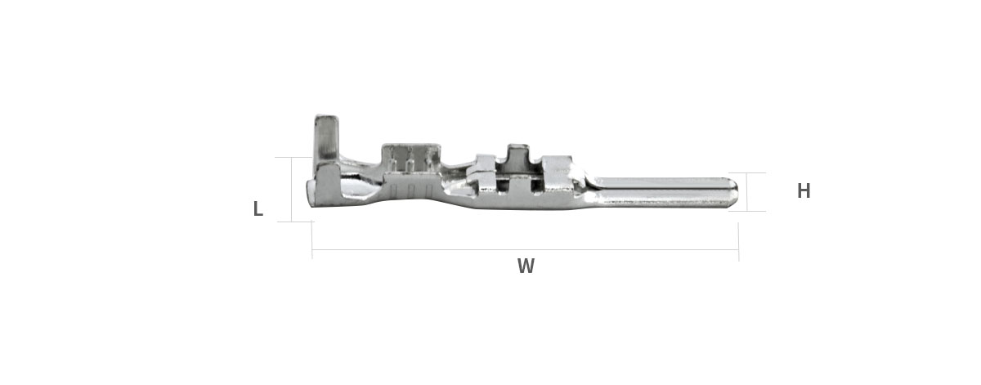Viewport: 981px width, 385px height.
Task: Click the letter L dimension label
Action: click(258, 208)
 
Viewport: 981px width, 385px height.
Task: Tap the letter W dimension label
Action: click(526, 266)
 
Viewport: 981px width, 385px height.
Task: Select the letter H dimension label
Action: click(804, 190)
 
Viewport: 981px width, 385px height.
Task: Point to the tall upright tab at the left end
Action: click(326, 138)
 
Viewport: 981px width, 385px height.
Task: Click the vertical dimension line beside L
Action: click(291, 189)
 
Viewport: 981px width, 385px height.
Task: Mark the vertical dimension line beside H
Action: click(747, 192)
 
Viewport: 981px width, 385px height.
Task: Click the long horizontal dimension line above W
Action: click(525, 250)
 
